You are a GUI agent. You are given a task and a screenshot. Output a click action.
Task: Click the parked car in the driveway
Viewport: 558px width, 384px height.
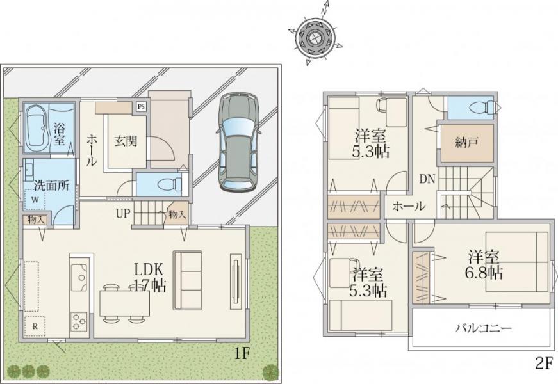pos(238,141)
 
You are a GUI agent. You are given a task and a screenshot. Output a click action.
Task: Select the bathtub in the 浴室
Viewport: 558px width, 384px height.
pos(37,129)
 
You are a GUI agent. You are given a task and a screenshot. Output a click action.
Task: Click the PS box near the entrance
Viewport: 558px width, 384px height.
pos(142,106)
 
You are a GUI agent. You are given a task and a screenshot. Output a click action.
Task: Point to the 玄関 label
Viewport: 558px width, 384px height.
pos(126,141)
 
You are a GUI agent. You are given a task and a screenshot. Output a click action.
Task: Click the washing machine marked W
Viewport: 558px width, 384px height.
pos(35,200)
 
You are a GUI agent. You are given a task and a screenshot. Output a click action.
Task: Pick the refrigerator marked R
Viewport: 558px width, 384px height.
pos(35,326)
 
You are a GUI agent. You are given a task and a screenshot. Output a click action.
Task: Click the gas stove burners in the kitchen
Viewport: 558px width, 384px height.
pos(79,321)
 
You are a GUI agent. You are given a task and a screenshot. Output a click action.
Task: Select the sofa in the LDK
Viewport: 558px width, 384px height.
pos(187,280)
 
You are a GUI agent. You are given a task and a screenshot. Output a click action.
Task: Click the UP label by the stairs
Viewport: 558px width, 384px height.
pos(123,214)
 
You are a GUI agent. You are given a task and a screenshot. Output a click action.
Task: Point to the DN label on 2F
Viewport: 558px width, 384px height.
pos(427,179)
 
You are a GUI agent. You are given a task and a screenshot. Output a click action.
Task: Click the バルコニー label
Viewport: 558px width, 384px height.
pos(484,328)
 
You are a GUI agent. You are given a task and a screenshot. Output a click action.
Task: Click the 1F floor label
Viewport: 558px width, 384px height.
pos(243,354)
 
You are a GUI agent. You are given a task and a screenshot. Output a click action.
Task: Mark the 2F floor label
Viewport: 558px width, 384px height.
pos(544,364)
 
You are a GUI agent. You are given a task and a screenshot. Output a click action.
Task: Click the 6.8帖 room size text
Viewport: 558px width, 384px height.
pos(484,273)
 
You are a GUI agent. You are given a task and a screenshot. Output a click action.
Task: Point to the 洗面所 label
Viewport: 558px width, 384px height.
pos(52,186)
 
